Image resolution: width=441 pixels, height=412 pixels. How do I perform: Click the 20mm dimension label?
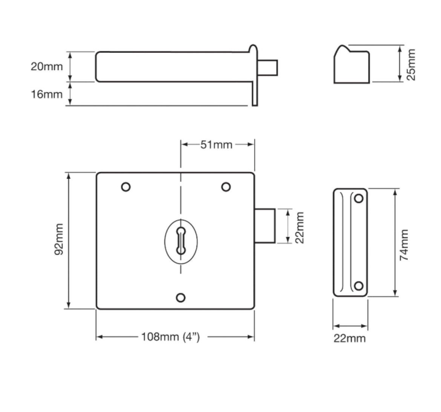47,67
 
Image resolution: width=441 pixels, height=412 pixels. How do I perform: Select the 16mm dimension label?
47,94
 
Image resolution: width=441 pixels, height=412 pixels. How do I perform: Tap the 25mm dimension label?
411,64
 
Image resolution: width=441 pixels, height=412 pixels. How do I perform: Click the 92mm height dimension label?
59,240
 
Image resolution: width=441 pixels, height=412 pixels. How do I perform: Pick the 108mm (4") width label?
170,337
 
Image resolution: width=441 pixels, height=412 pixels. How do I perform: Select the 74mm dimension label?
404,245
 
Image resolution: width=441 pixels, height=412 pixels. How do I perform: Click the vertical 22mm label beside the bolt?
299,227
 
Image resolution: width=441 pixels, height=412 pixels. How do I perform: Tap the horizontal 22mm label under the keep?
349,338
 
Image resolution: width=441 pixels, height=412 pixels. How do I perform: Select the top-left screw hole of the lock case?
126,187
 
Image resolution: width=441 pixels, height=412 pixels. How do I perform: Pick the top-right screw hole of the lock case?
226,187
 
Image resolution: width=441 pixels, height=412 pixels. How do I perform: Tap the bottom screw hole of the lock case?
181,298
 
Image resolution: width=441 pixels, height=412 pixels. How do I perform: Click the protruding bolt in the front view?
265,225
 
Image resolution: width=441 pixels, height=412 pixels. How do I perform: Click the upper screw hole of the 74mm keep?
359,198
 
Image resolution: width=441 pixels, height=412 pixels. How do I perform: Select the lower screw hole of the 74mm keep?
359,286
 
